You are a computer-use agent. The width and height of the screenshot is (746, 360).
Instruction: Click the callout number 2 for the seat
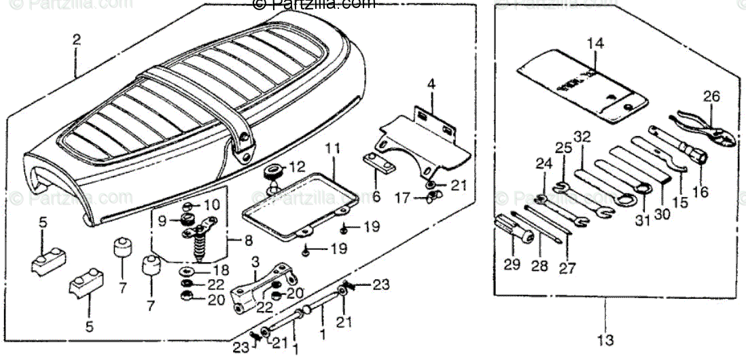click(76, 39)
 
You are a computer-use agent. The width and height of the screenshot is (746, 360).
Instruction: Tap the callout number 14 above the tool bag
click(595, 44)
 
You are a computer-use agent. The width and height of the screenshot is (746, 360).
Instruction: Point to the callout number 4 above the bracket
click(430, 85)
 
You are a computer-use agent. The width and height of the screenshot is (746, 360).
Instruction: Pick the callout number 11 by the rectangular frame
click(331, 147)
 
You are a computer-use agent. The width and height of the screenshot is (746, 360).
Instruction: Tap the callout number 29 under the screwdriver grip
click(512, 264)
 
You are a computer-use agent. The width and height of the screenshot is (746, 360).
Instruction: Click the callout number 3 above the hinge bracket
click(255, 262)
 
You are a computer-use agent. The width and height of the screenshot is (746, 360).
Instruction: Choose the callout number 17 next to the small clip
click(404, 198)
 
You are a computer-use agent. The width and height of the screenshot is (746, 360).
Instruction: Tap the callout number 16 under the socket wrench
click(700, 192)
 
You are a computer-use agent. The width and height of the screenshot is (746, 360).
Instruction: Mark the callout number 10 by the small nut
click(212, 205)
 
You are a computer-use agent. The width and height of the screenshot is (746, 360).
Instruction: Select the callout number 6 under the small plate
click(376, 196)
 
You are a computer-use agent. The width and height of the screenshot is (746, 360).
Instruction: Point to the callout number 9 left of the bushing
click(162, 220)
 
